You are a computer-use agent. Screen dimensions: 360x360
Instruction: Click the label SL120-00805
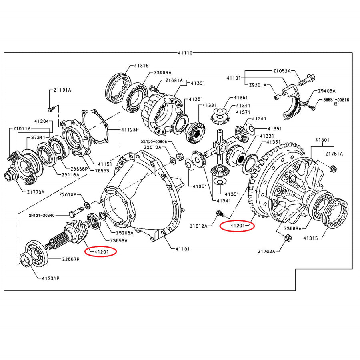[x=156, y=142]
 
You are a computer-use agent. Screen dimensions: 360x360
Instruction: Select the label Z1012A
[x=199, y=226]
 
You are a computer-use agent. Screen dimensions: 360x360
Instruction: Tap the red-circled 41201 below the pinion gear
[x=100, y=252]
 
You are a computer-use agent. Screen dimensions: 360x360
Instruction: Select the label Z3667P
[x=71, y=259]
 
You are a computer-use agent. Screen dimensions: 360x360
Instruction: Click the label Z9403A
[x=327, y=91]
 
